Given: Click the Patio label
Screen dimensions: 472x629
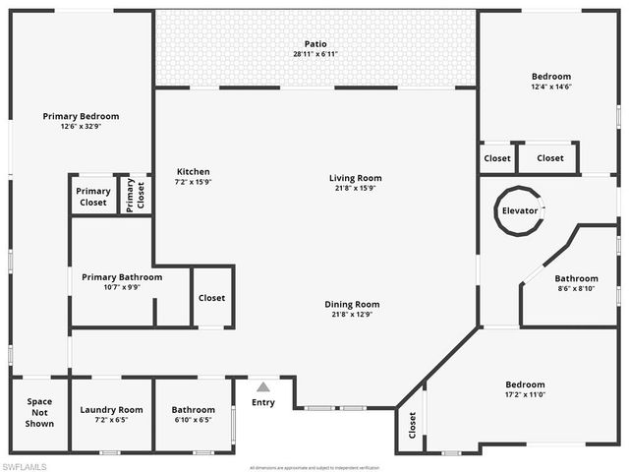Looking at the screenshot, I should coord(314,44).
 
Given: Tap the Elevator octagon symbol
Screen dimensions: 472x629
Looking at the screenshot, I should coord(519,210).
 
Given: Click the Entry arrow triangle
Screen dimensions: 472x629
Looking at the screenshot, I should coord(263,387).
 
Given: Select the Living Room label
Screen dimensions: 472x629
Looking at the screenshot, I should coord(353,178).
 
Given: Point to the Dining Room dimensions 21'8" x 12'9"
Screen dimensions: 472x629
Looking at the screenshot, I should coord(353,315).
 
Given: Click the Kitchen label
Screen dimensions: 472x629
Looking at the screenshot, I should coord(193,171).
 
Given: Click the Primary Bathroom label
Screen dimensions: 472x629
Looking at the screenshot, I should coord(122,277).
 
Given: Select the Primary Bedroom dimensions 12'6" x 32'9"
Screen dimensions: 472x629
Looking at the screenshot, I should coord(81,126).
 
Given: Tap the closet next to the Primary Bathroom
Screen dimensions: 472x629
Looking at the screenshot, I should coord(211,297).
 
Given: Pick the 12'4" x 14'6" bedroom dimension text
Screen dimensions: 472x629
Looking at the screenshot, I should coord(550,87).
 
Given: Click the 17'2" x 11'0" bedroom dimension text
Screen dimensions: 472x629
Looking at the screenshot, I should coord(525,395).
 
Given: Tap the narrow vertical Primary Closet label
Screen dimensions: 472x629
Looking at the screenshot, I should coord(135,194).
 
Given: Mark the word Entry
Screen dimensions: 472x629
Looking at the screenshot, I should coord(263,402).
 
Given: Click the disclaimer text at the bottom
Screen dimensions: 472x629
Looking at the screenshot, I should coord(314,467).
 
